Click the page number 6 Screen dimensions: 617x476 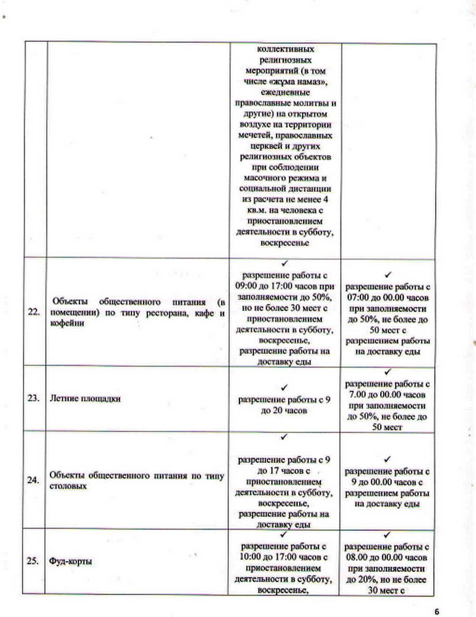click(437, 612)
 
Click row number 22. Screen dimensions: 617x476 click(34, 313)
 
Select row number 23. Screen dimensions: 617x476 click(33, 398)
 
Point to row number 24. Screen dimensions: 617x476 click(33, 480)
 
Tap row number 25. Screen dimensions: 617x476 click(33, 561)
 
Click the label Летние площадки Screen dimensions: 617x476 click(85, 398)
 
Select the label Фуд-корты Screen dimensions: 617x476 click(71, 561)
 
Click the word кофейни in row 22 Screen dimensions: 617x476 click(67, 324)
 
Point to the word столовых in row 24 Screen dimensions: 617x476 click(68, 486)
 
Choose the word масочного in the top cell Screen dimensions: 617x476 click(265, 178)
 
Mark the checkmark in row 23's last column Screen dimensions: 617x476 click(387, 372)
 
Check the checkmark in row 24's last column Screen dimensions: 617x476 click(387, 459)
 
